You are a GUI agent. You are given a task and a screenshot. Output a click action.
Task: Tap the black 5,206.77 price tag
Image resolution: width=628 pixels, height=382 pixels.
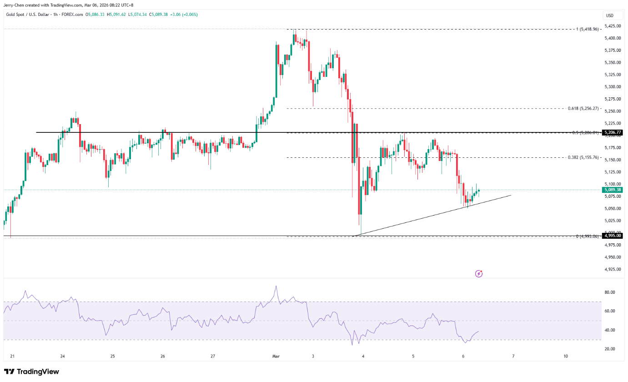pos(612,132)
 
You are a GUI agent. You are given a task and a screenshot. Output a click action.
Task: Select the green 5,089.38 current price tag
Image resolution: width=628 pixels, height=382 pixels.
pos(612,190)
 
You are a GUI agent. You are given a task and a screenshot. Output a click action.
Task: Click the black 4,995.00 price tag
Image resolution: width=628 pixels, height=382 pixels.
pos(612,236)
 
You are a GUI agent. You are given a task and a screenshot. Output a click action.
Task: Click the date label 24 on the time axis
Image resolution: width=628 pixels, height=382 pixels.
pos(62,356)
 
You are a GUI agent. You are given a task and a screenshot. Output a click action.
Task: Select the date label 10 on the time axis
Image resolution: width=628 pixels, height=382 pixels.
pos(565,356)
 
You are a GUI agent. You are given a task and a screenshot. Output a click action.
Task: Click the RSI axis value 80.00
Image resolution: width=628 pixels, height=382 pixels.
pos(610,292)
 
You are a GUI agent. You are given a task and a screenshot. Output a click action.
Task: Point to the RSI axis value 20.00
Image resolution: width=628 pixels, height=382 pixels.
pos(610,349)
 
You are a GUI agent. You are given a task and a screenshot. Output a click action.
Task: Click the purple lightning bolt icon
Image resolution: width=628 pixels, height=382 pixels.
pos(478,273)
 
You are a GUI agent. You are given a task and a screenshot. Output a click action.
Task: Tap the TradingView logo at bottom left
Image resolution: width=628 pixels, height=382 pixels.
pos(31,372)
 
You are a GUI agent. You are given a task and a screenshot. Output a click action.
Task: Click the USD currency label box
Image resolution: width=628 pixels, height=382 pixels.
pos(609,15)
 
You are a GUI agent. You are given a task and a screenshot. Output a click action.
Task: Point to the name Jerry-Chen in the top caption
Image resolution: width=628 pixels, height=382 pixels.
pos(14,5)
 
